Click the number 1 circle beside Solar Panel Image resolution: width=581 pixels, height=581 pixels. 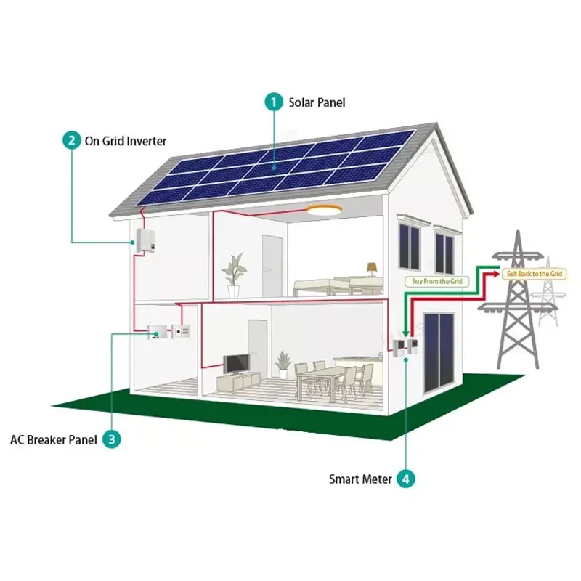274,102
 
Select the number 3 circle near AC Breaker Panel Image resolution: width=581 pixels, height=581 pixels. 111,439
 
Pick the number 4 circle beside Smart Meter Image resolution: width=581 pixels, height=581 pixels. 406,479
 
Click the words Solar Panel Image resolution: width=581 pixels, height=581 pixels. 317,103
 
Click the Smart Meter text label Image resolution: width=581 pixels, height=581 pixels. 361,479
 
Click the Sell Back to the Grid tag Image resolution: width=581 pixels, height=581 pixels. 535,273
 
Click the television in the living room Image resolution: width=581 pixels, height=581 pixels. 237,364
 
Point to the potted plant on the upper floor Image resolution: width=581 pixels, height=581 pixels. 234,274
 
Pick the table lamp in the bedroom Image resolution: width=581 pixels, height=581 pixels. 372,269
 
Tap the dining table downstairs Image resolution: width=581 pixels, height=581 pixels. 325,373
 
